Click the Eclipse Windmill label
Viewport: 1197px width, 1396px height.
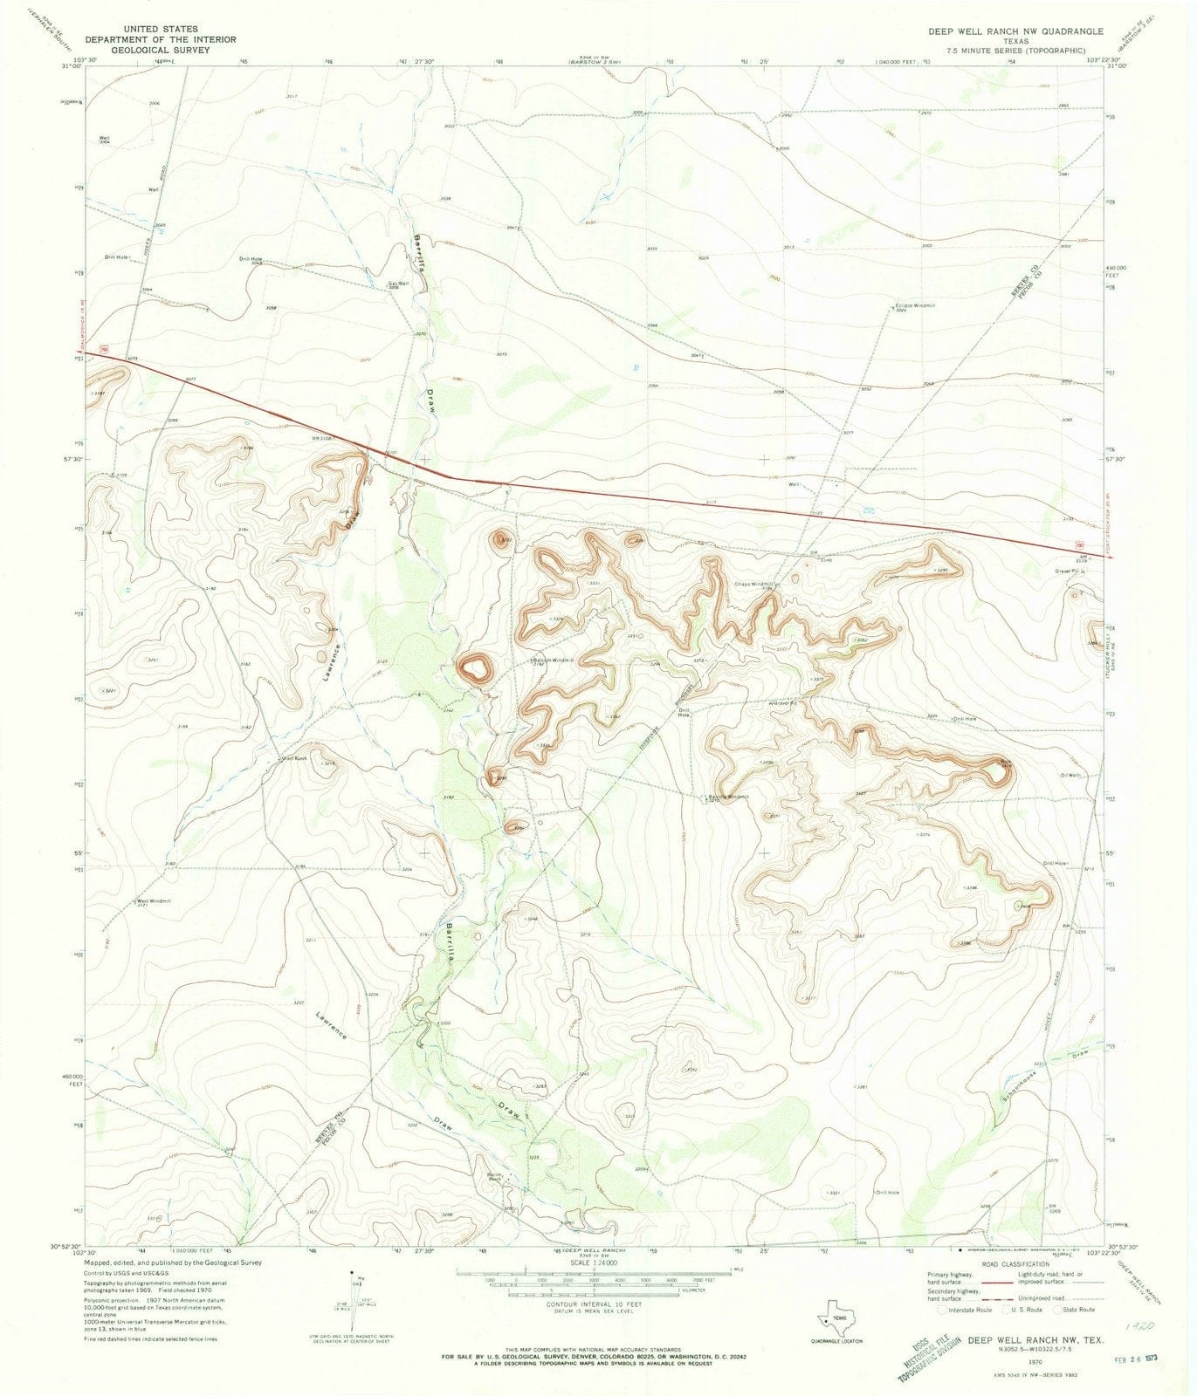point(914,306)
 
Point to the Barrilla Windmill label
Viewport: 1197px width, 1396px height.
point(728,797)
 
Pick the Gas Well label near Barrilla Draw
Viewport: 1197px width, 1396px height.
point(398,283)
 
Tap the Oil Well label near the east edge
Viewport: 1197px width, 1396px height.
point(1071,775)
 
